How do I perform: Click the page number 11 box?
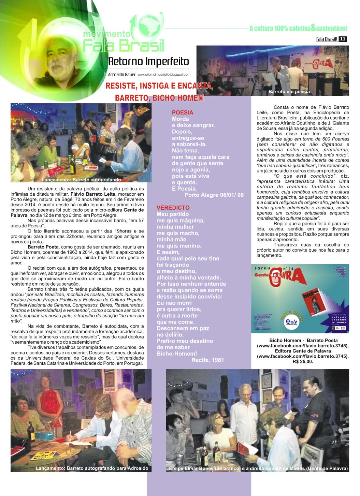(x=343, y=39)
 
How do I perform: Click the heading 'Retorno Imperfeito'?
(x=148, y=62)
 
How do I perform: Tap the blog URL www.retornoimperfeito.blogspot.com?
(x=164, y=74)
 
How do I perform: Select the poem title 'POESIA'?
(x=183, y=112)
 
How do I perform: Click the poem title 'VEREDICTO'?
(x=173, y=208)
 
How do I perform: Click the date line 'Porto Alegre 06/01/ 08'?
(x=214, y=195)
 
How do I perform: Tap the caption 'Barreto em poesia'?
(x=289, y=91)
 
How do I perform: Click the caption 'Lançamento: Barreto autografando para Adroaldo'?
(x=92, y=468)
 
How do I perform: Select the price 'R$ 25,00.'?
(x=303, y=361)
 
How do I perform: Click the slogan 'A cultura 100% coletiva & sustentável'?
(x=298, y=28)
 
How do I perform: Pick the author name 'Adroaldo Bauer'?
(x=121, y=74)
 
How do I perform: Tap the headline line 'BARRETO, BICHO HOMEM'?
(x=159, y=98)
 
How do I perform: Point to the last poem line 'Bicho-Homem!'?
(x=177, y=354)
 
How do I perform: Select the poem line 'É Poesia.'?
(x=184, y=189)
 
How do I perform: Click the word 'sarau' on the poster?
(x=262, y=268)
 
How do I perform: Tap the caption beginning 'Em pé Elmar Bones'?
(x=258, y=468)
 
